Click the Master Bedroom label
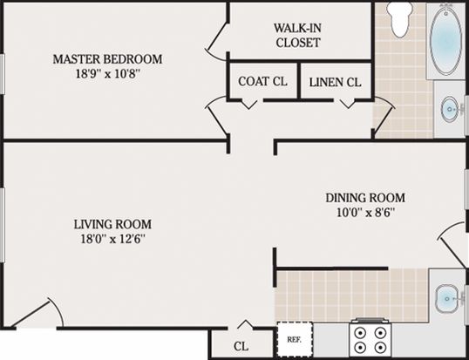108,59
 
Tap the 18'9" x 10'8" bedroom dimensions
108,73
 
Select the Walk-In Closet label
298,35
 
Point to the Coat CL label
262,81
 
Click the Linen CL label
335,82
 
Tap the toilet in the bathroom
399,19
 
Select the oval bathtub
445,40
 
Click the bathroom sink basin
450,110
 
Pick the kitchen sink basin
446,299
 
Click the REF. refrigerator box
295,340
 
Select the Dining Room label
365,198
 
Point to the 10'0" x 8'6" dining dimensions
366,213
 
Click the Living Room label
112,224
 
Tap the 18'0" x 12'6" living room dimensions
113,239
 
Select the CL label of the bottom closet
241,347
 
